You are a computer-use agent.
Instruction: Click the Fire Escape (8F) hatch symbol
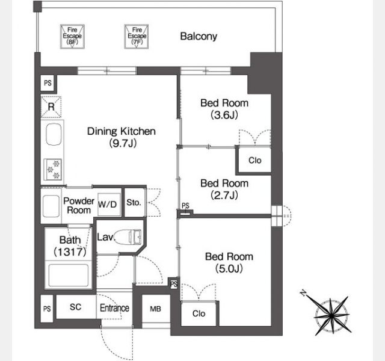click(72, 36)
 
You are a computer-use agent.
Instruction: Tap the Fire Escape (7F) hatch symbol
click(137, 36)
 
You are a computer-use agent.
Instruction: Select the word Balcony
click(199, 36)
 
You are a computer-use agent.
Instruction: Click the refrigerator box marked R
click(51, 107)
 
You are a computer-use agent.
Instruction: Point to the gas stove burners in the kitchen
click(53, 170)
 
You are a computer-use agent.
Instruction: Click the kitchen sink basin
click(54, 135)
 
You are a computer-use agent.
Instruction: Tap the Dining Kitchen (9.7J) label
click(122, 137)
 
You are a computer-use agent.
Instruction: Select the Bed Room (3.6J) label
click(224, 109)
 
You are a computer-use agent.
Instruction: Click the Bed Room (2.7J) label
click(224, 189)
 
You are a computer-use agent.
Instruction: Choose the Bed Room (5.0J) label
click(229, 262)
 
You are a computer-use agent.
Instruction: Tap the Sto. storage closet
click(135, 202)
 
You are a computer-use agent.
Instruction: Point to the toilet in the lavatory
click(128, 236)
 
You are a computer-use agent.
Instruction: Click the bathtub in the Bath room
click(69, 275)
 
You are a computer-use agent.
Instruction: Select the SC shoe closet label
click(75, 307)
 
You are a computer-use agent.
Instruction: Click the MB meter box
click(156, 309)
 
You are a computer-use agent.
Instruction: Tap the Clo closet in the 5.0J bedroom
click(199, 313)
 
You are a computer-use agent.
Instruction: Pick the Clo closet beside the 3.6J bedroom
click(254, 160)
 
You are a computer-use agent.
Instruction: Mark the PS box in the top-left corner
click(48, 83)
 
